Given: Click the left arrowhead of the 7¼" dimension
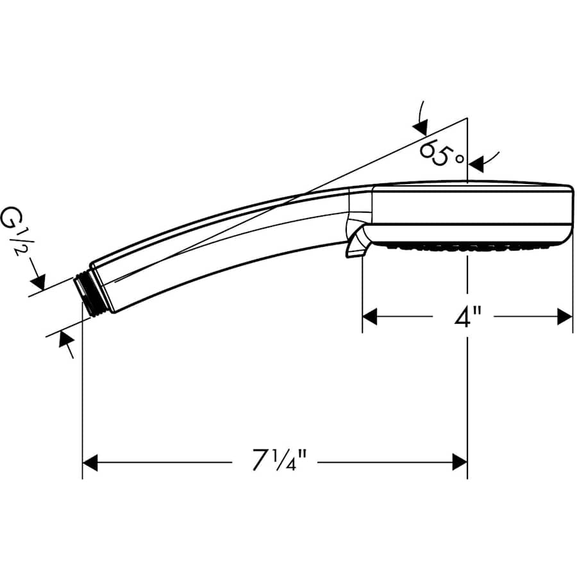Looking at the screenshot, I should click(x=90, y=462).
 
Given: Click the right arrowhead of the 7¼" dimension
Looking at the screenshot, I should click(x=459, y=462).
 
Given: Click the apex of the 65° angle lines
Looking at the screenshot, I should click(x=467, y=119).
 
